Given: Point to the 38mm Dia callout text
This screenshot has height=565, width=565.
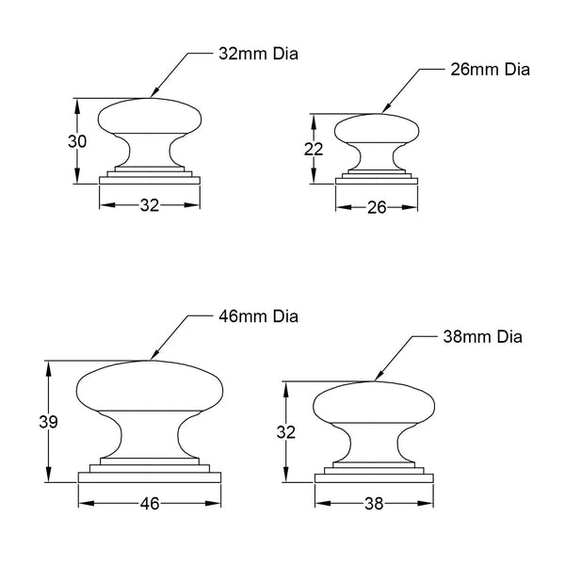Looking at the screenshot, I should [x=482, y=336].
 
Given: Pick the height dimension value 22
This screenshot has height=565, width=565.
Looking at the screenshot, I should [x=314, y=148].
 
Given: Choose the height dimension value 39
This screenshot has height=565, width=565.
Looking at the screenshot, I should [x=49, y=423].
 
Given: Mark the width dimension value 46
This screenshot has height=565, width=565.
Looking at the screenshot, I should [x=149, y=504].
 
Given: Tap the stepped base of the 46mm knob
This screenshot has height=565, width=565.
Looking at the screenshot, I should [x=149, y=472].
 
